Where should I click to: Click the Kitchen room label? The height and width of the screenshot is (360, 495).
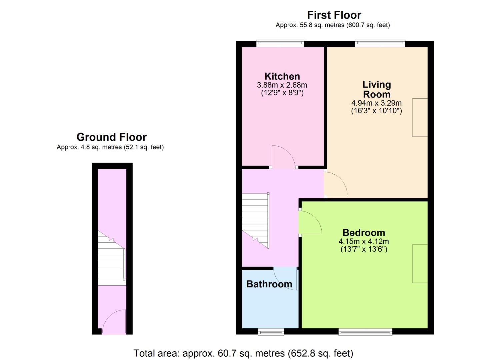(x=282, y=76)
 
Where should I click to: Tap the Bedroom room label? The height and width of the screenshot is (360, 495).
(x=364, y=233)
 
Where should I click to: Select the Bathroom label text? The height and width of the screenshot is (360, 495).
(x=269, y=284)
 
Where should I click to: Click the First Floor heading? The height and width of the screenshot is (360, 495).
(x=334, y=15)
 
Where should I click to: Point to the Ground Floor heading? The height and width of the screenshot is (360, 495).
(x=111, y=137)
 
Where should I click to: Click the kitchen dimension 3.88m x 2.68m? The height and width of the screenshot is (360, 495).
(x=282, y=85)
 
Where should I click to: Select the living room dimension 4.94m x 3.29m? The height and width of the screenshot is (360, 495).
(x=377, y=103)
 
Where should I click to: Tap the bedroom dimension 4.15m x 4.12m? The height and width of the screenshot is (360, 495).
(x=364, y=241)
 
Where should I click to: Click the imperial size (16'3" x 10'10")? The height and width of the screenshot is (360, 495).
(x=377, y=111)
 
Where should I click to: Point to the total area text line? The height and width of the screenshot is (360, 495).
(x=243, y=353)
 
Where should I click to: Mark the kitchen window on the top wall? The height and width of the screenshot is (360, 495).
(x=280, y=43)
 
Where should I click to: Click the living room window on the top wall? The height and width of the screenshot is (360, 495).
(x=380, y=43)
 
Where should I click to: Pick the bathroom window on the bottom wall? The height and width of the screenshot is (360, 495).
(x=271, y=332)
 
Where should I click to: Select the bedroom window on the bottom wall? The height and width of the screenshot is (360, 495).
(x=365, y=332)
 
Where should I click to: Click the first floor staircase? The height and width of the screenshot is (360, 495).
(x=256, y=221)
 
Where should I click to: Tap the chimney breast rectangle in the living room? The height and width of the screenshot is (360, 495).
(x=420, y=118)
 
